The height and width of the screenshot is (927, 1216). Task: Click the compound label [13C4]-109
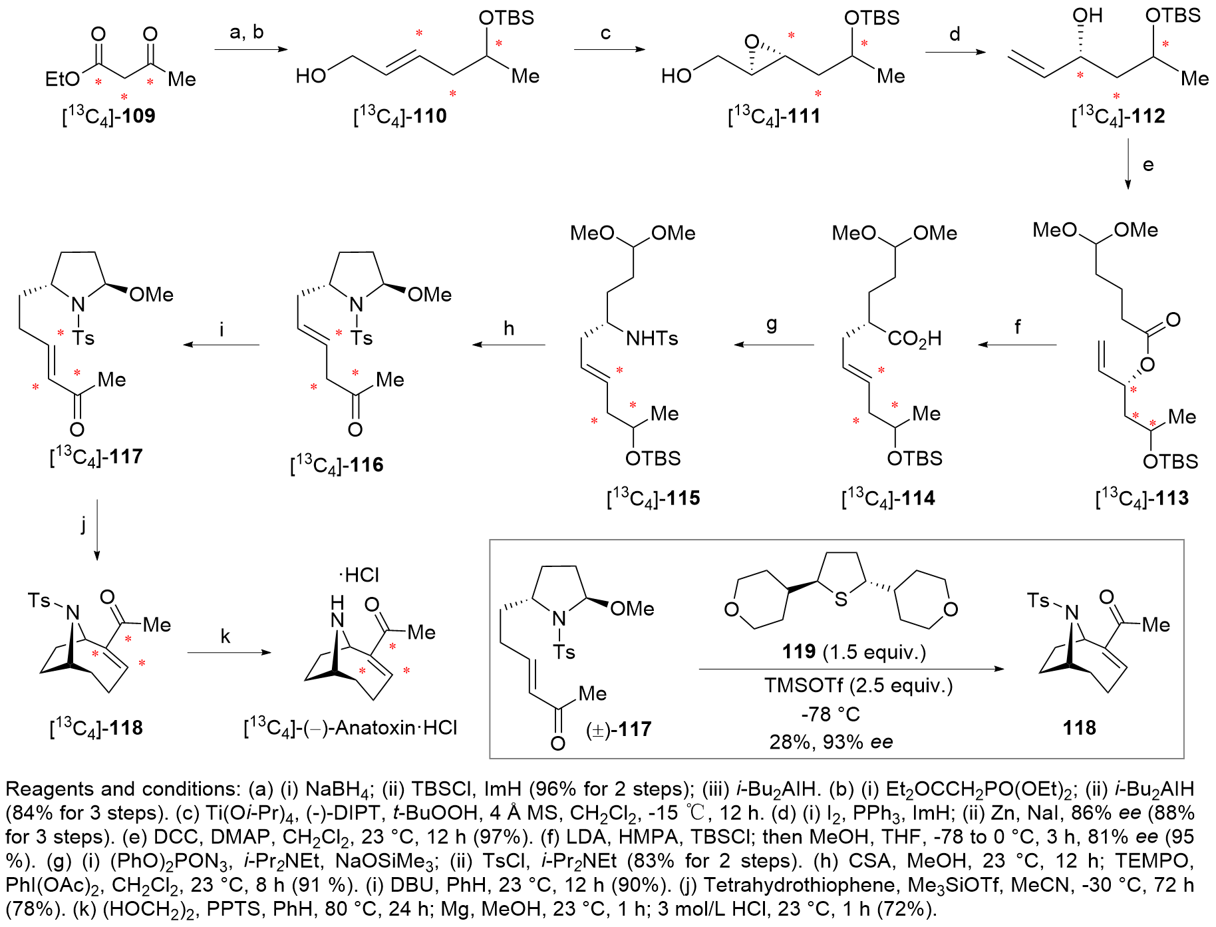pyautogui.click(x=108, y=116)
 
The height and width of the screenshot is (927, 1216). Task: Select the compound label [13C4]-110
pyautogui.click(x=400, y=116)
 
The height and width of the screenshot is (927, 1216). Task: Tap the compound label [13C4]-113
pyautogui.click(x=1141, y=498)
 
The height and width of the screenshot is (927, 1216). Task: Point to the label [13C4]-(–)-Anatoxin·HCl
pyautogui.click(x=351, y=727)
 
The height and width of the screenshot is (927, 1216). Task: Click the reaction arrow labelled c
pyautogui.click(x=609, y=49)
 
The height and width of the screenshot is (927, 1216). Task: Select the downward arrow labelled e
pyautogui.click(x=1128, y=164)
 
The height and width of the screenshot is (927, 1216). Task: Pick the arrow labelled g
pyautogui.click(x=774, y=345)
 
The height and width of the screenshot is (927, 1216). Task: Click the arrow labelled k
pyautogui.click(x=229, y=653)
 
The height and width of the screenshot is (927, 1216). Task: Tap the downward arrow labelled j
pyautogui.click(x=97, y=530)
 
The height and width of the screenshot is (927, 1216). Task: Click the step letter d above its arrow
pyautogui.click(x=955, y=33)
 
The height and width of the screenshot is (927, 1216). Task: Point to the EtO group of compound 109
pyautogui.click(x=62, y=79)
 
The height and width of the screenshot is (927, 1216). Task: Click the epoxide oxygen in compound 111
pyautogui.click(x=752, y=43)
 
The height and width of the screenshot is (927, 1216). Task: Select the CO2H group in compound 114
pyautogui.click(x=915, y=339)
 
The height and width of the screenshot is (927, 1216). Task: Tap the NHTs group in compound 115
pyautogui.click(x=652, y=338)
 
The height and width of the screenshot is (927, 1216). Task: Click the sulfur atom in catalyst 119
pyautogui.click(x=841, y=600)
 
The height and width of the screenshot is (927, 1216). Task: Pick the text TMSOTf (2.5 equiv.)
pyautogui.click(x=858, y=685)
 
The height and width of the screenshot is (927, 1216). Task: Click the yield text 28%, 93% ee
pyautogui.click(x=831, y=741)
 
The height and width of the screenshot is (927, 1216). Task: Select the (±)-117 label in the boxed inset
pyautogui.click(x=619, y=729)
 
